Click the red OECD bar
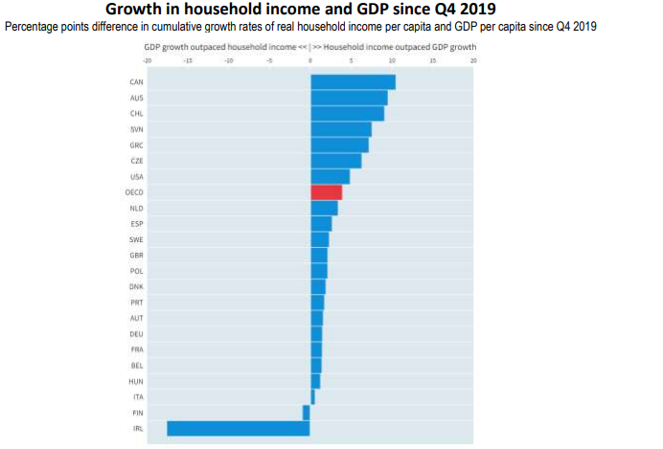326,192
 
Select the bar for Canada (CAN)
353,82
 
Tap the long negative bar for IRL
239,428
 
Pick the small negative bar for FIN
307,413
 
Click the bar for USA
330,176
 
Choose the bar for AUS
349,98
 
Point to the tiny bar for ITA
312,396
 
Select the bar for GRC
339,145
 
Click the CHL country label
136,114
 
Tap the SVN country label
136,129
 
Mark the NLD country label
136,208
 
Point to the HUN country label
136,381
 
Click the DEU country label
136,334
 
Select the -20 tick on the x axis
147,59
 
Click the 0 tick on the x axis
310,59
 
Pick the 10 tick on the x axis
392,59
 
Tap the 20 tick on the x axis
473,59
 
